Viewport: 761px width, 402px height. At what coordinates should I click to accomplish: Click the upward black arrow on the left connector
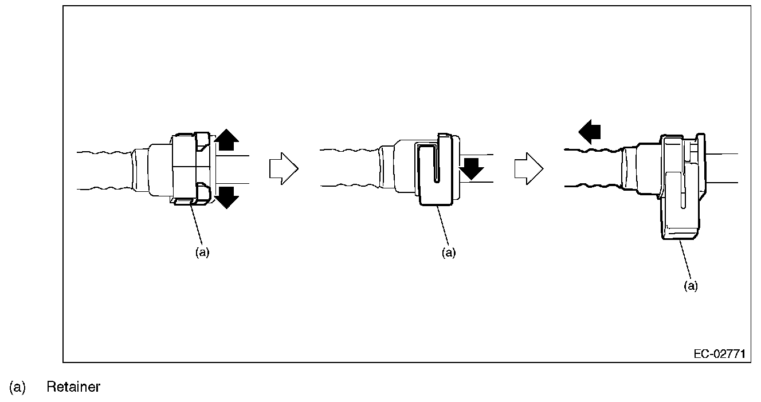pyautogui.click(x=227, y=140)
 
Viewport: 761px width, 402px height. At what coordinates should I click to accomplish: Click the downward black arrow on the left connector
pyautogui.click(x=227, y=196)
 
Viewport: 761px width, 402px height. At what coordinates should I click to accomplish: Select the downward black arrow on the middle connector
pyautogui.click(x=472, y=168)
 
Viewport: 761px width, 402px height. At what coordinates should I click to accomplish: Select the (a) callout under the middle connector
pyautogui.click(x=448, y=252)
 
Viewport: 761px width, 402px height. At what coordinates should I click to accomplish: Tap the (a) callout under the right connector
pyautogui.click(x=692, y=286)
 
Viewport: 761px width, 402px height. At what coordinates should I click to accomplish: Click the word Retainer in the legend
pyautogui.click(x=73, y=387)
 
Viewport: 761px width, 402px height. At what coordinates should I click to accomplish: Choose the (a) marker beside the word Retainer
pyautogui.click(x=17, y=387)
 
